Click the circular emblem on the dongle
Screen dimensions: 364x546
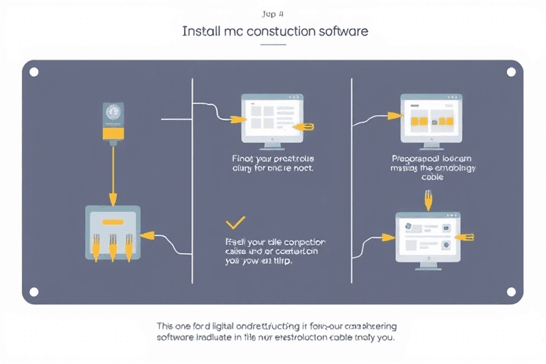coord(112,113)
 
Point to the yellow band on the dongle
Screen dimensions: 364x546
coord(112,132)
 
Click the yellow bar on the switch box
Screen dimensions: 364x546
coord(112,223)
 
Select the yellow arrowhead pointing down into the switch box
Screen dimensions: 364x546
coord(112,198)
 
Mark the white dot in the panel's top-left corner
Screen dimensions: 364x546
coord(33,71)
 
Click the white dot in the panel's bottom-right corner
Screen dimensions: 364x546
coord(510,291)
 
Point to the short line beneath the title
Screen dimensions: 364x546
coord(273,44)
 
